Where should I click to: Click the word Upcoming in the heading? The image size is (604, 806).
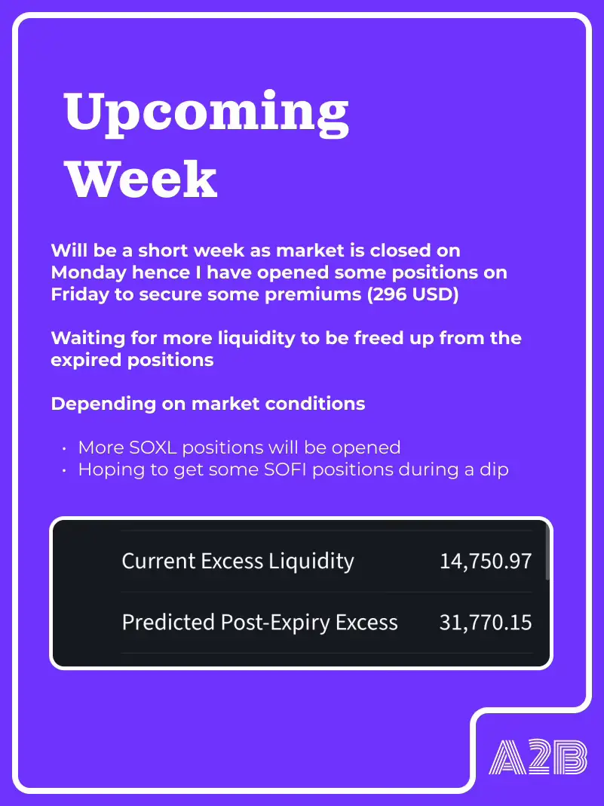[207, 114]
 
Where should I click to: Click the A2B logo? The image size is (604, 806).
[538, 757]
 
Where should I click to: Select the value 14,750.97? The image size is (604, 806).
[486, 561]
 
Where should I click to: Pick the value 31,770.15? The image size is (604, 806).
[486, 622]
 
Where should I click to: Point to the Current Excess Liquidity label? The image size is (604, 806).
[238, 561]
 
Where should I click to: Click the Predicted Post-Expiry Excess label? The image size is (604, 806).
[260, 623]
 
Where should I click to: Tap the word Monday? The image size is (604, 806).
[88, 272]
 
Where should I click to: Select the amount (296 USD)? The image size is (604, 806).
[413, 294]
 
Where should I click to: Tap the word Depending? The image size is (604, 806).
[103, 404]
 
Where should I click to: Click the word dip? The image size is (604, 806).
[494, 470]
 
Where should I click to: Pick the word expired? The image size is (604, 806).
[86, 360]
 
